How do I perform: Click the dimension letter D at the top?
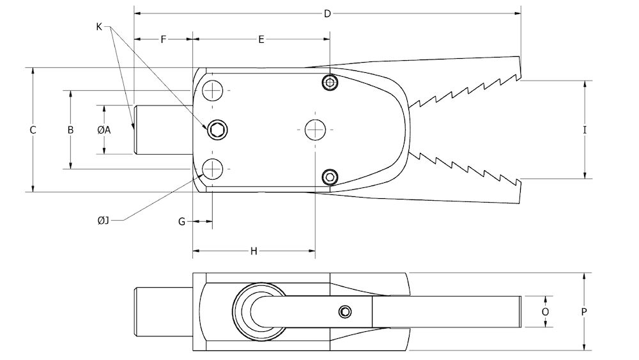(x=327, y=13)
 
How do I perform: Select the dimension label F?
(x=164, y=40)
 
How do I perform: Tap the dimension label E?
(x=261, y=40)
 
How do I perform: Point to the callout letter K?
(x=99, y=26)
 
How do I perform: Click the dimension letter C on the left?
(x=33, y=130)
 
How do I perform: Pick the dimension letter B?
(x=71, y=130)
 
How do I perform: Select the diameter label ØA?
(x=104, y=130)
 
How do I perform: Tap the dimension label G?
(x=182, y=221)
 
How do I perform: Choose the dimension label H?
(x=254, y=251)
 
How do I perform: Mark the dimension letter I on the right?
(x=585, y=130)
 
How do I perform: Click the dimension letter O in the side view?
(x=545, y=311)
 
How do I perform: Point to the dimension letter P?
(x=584, y=311)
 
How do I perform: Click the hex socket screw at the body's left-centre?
(x=217, y=130)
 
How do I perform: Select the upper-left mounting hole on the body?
(x=212, y=91)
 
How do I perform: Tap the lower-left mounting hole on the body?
(x=212, y=169)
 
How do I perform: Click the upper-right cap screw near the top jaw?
(x=330, y=82)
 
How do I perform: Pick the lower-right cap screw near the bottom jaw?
(x=330, y=176)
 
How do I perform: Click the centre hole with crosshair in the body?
(x=314, y=130)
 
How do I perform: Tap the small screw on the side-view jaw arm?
(x=345, y=311)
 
